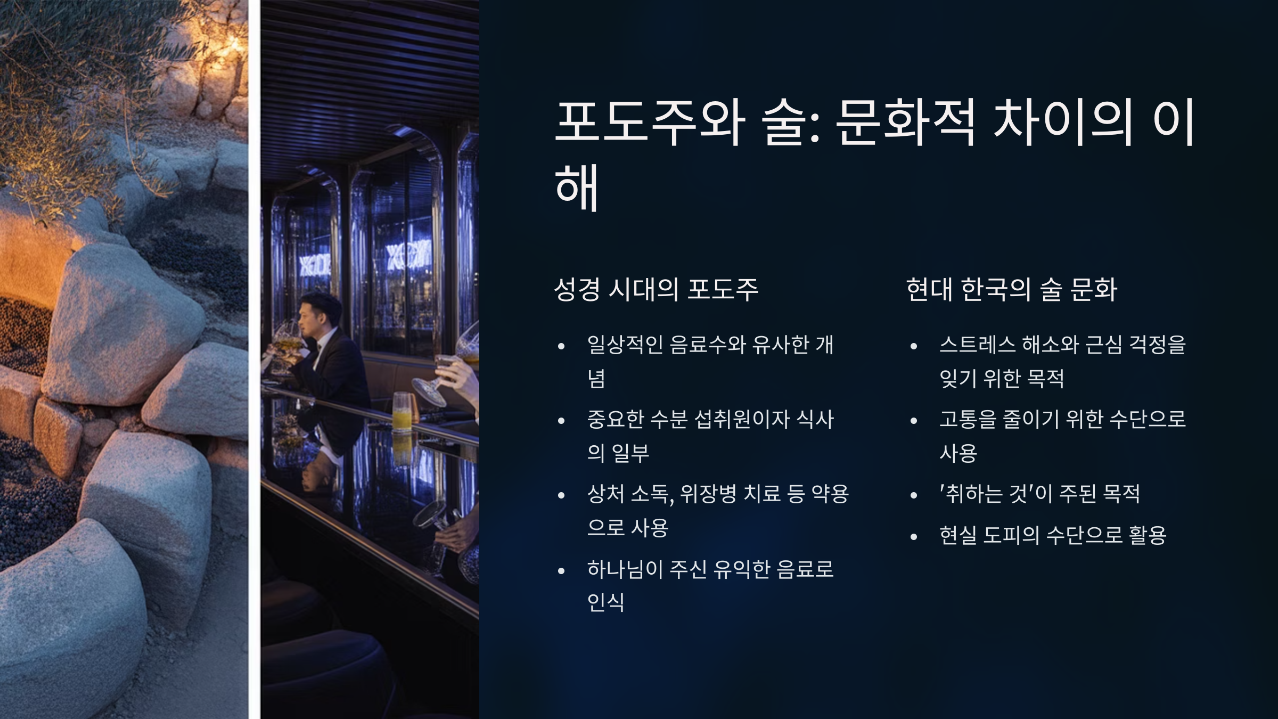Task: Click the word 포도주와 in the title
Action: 650,122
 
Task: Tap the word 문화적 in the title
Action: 905,122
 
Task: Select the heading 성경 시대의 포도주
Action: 656,289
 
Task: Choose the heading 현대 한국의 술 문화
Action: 1011,289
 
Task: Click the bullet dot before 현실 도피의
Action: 914,537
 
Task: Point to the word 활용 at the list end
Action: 1147,535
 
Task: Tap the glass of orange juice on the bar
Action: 402,411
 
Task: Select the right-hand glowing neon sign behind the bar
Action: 408,257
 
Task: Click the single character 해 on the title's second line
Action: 577,187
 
